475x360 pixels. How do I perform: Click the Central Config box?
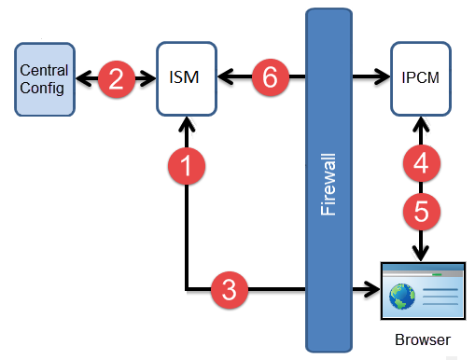45,79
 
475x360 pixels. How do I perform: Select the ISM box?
187,78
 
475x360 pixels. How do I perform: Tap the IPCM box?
421,78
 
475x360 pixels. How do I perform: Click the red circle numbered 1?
187,166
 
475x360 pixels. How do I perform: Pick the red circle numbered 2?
117,79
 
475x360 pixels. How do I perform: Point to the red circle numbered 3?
230,290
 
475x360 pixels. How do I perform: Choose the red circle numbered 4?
422,163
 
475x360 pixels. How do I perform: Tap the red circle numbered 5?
422,212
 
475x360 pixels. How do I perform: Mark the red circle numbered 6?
271,76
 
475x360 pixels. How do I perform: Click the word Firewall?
328,185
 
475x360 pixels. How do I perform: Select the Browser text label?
423,339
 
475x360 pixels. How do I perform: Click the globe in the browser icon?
402,297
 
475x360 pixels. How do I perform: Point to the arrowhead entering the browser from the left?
372,290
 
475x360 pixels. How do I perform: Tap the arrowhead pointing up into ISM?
187,124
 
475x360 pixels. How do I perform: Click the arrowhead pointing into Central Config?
84,78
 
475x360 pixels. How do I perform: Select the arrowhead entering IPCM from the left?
382,76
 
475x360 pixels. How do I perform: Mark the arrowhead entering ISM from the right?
226,76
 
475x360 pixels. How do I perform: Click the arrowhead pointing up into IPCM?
421,124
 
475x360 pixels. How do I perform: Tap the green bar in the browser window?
437,275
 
